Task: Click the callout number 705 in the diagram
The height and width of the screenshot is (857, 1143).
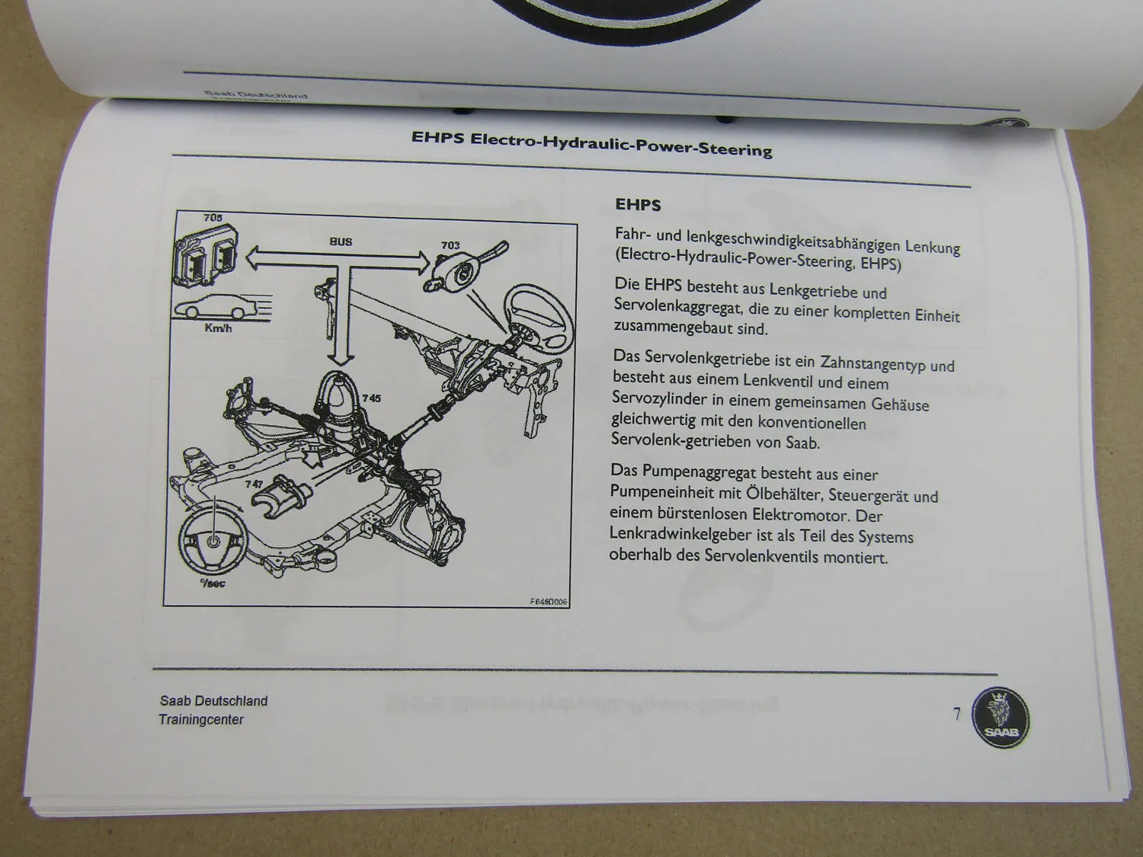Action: coord(213,218)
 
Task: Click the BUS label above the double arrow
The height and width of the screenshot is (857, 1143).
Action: coord(341,241)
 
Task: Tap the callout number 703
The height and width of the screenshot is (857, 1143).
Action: coord(450,245)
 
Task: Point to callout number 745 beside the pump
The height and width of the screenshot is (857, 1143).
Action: coord(371,398)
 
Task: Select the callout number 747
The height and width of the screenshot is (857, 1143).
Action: coord(255,484)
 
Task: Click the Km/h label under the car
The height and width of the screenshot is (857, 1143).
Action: coord(218,329)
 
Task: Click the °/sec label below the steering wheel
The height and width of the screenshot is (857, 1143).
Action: coord(213,584)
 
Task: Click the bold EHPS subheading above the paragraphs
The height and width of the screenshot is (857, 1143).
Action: coord(638,205)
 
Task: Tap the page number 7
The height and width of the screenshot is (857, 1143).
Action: coord(957,715)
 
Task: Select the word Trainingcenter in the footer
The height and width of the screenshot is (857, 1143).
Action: coord(201,719)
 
